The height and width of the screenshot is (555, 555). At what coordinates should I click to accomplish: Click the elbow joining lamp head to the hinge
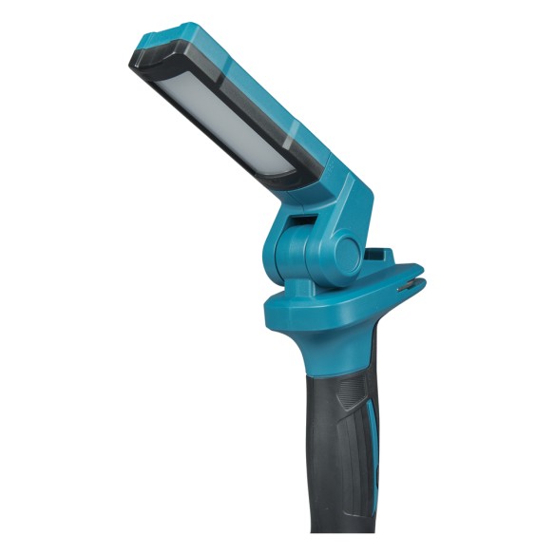[333, 195]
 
